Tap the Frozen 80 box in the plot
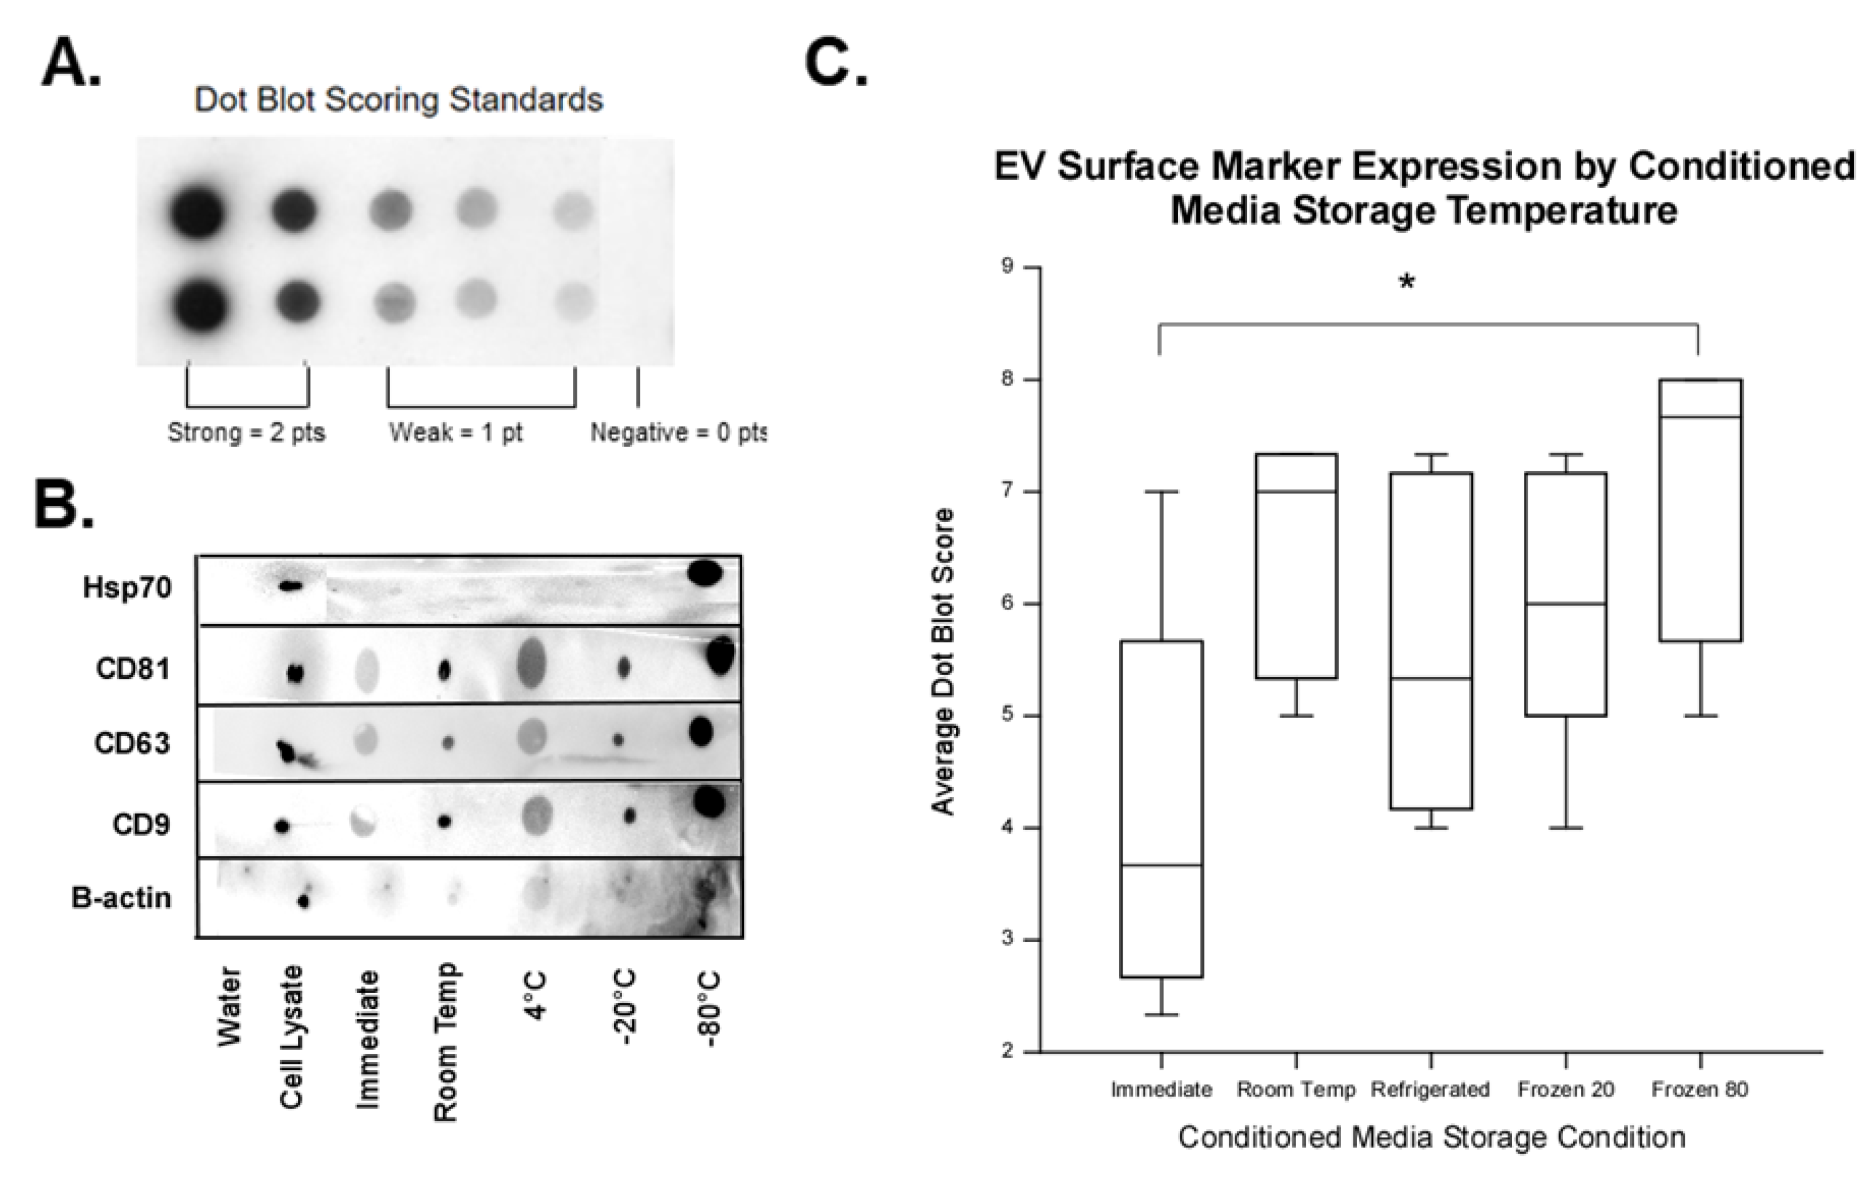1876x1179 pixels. [1700, 510]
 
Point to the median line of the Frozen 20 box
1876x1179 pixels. [1565, 604]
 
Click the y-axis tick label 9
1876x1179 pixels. [1008, 267]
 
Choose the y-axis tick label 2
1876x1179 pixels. [1008, 1051]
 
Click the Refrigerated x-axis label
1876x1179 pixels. [1430, 1090]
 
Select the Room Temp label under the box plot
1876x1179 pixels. [1296, 1090]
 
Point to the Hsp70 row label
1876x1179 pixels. [127, 588]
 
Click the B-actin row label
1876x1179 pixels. [121, 898]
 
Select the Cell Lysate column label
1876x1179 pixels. [291, 1036]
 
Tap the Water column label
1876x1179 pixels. [229, 1006]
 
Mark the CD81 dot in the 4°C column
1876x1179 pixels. [531, 663]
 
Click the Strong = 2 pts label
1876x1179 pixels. [246, 432]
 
